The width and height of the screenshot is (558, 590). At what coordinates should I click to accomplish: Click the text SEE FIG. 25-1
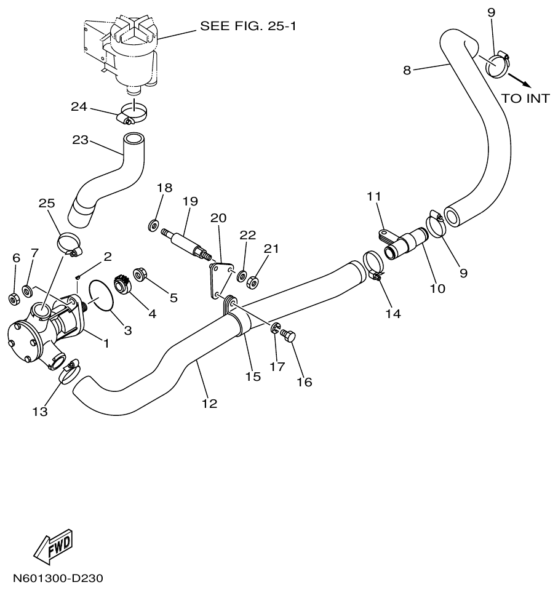click(247, 26)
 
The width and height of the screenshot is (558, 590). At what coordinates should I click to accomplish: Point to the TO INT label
click(525, 98)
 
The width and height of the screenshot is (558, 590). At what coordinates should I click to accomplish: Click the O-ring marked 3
click(100, 295)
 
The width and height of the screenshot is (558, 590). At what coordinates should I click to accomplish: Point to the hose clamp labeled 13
click(69, 369)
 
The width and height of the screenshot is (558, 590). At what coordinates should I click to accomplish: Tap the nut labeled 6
click(13, 299)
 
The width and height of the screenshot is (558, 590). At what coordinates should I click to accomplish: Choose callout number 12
click(209, 404)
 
